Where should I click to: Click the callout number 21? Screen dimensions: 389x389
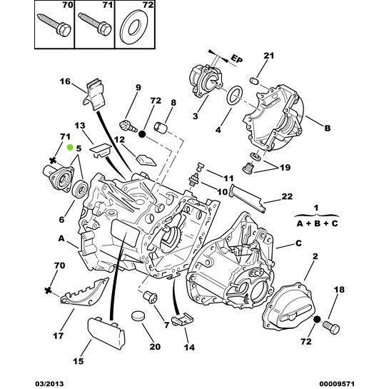(268, 56)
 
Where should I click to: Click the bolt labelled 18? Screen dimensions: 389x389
(330, 325)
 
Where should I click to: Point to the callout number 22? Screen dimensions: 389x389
(287, 196)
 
